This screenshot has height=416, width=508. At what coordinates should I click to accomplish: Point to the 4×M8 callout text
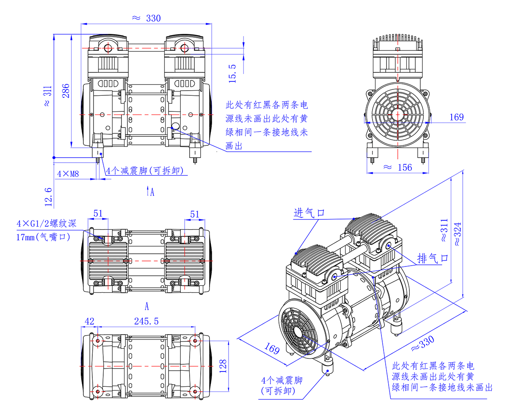[x=68, y=173]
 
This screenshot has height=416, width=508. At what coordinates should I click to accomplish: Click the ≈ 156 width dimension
[x=398, y=167]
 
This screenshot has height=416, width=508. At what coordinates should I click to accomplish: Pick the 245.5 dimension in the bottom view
[x=146, y=322]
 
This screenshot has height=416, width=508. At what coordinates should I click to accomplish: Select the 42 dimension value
[x=89, y=322]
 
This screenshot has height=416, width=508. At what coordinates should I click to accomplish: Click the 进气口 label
[x=309, y=213]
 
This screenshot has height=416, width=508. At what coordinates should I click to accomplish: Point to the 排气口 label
[x=432, y=258]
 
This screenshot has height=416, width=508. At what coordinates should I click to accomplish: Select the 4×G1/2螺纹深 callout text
[x=47, y=224]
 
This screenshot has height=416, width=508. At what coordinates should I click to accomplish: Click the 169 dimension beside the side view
[x=456, y=117]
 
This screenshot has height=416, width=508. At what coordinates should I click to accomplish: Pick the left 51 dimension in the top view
[x=98, y=214]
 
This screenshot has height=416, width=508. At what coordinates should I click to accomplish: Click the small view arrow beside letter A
[x=147, y=192]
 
